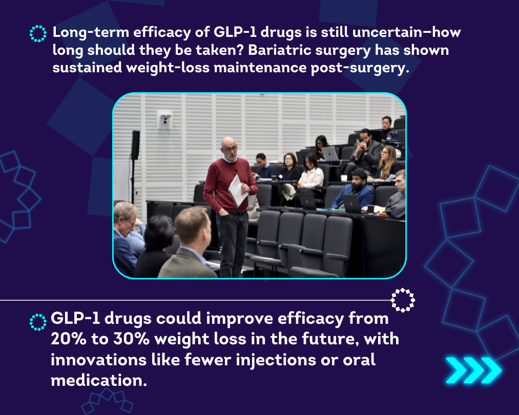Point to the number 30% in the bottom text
pyautogui.click(x=131, y=339)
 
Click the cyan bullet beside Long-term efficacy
pyautogui.click(x=38, y=33)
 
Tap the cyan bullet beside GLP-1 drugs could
pyautogui.click(x=38, y=322)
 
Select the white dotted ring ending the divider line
pyautogui.click(x=403, y=300)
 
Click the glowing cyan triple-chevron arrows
pyautogui.click(x=473, y=370)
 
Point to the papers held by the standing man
pyautogui.click(x=238, y=191)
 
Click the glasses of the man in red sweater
pyautogui.click(x=230, y=149)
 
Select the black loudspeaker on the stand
pyautogui.click(x=135, y=145)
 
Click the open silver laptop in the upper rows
pyautogui.click(x=330, y=154)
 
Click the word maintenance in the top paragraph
pyautogui.click(x=260, y=68)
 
